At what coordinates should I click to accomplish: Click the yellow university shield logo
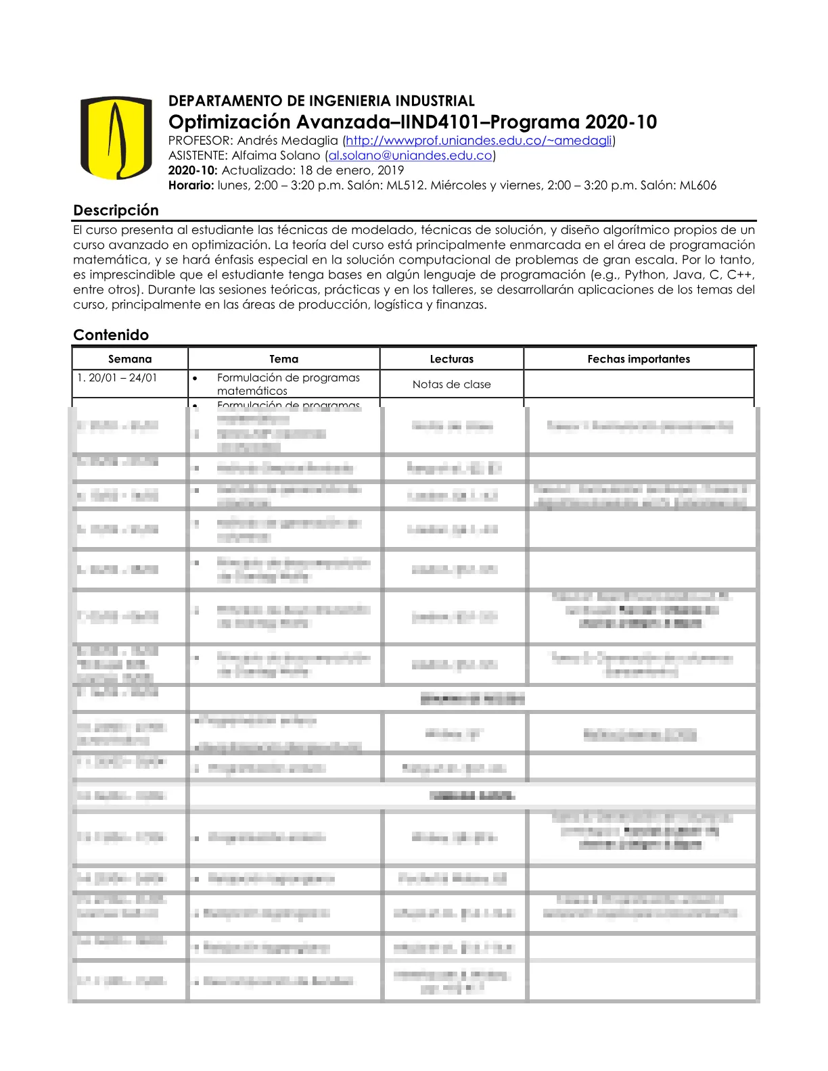click(x=116, y=138)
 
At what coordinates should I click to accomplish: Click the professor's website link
click(x=479, y=141)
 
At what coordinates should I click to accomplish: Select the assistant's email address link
click(x=410, y=156)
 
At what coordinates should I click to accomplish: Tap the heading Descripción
click(x=116, y=210)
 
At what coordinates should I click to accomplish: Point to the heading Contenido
click(x=111, y=335)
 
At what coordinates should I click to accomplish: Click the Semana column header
click(x=130, y=359)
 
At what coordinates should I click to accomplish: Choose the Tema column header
click(x=283, y=359)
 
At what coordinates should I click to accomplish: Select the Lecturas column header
click(x=452, y=359)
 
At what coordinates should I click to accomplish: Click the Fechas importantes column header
click(x=639, y=359)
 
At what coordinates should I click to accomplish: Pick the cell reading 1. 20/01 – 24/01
click(x=117, y=378)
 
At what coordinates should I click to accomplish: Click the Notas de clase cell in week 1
click(x=452, y=384)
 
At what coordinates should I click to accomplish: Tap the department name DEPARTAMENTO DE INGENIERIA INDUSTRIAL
click(x=321, y=101)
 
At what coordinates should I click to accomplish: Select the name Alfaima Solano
click(x=276, y=156)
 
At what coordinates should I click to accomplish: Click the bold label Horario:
click(x=191, y=185)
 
